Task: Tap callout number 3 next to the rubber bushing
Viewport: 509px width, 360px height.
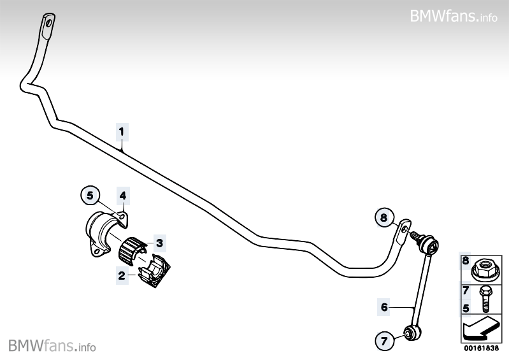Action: point(159,243)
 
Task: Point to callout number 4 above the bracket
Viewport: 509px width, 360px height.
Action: point(123,195)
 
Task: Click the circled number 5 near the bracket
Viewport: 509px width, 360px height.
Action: point(90,195)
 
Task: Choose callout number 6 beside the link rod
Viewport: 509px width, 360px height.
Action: point(384,307)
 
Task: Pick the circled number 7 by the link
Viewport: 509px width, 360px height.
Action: point(384,342)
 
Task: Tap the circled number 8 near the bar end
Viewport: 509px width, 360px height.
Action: point(384,218)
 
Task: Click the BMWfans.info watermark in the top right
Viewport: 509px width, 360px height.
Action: point(454,15)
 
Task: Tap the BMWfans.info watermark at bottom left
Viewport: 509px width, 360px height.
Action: point(52,345)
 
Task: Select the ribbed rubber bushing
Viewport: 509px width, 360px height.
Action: point(131,248)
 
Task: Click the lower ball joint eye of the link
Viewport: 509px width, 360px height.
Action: point(408,331)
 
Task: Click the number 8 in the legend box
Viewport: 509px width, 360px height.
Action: point(466,261)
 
